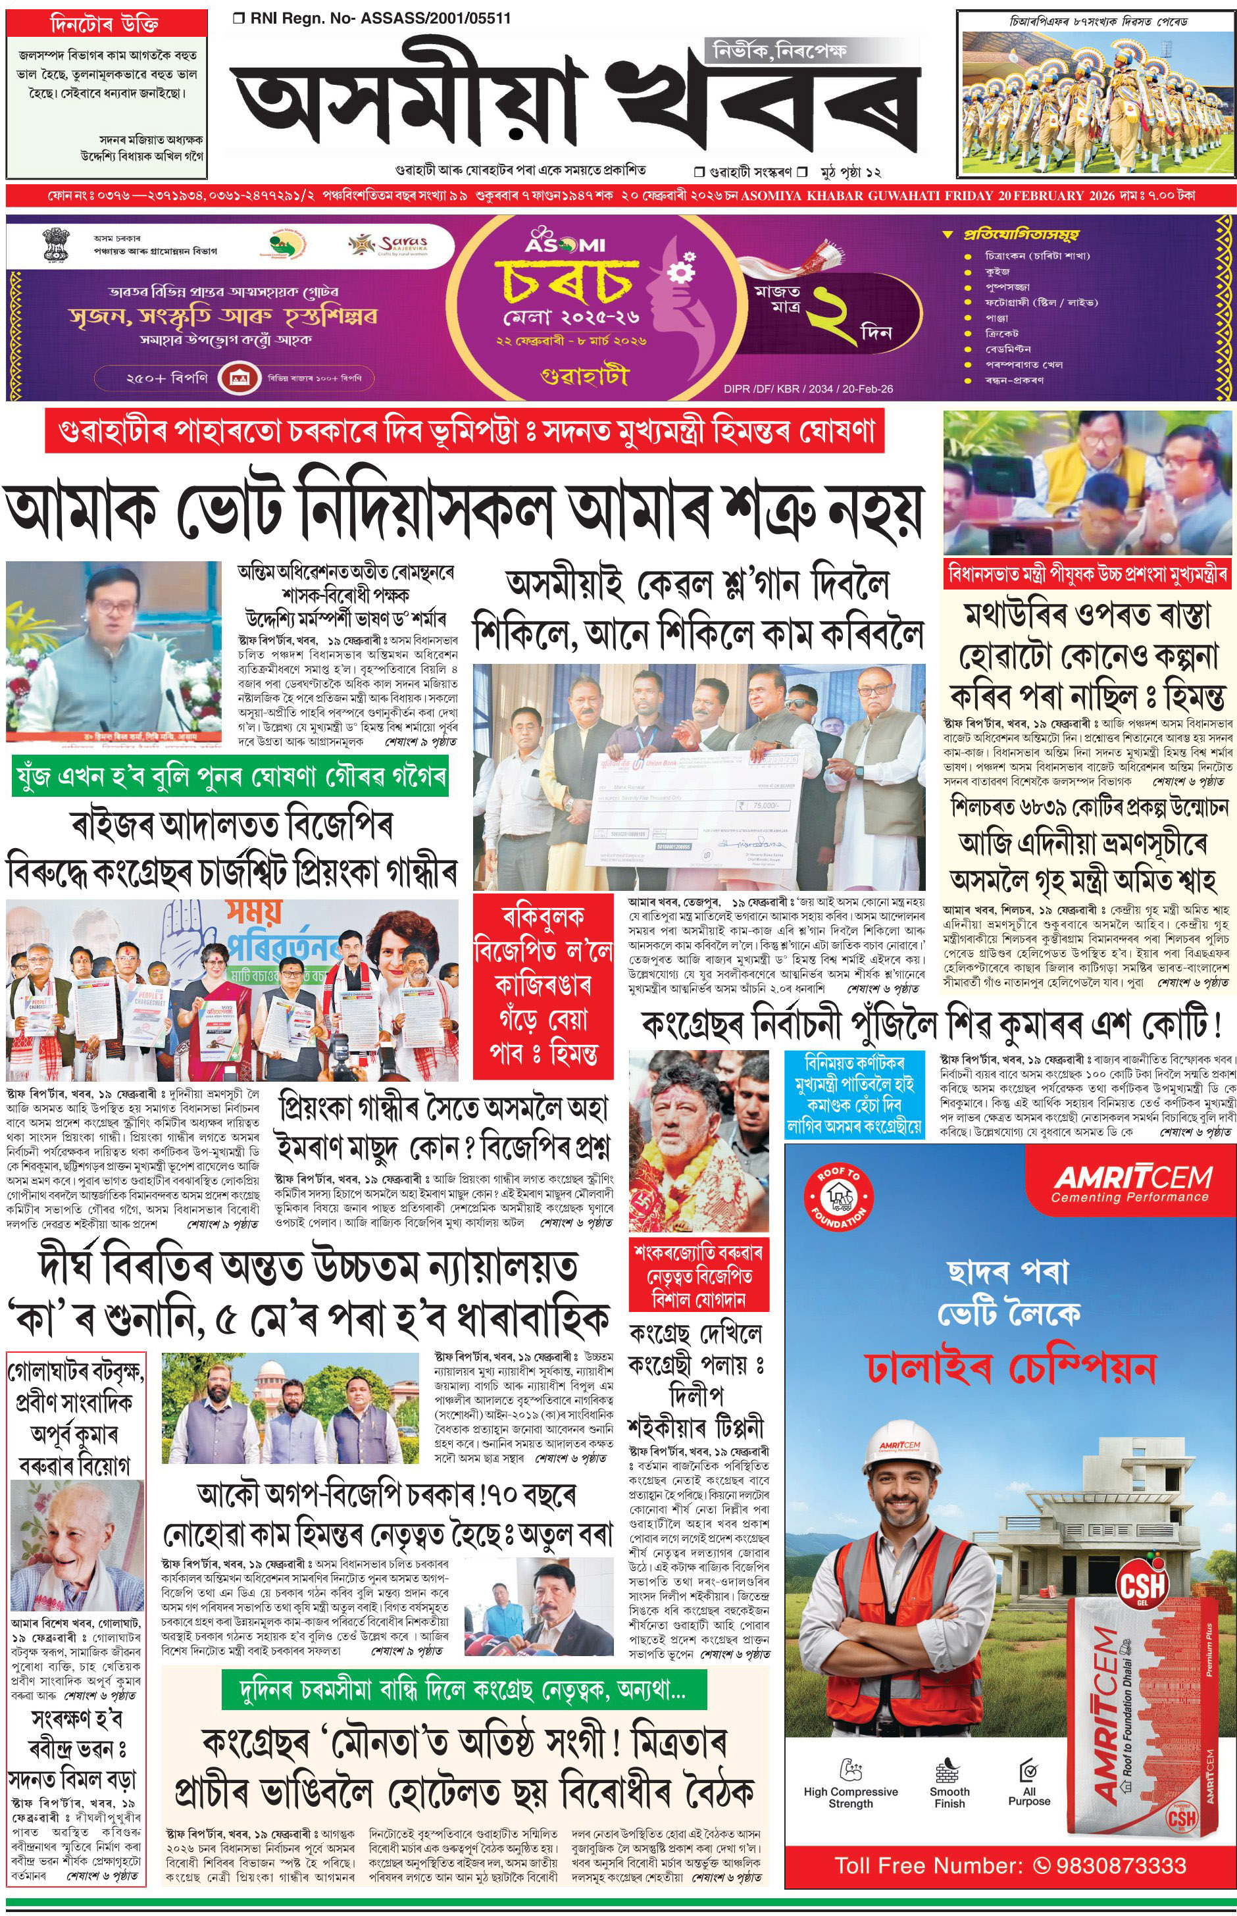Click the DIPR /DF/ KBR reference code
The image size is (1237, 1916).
(x=808, y=389)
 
